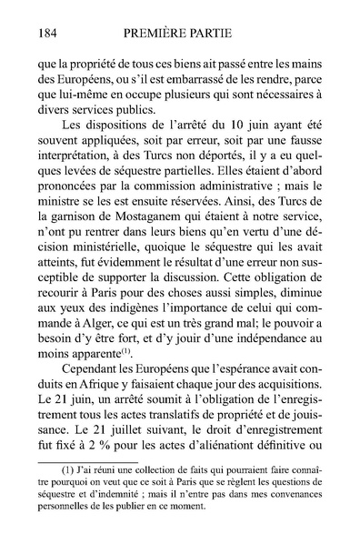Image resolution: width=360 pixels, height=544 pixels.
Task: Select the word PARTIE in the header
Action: coord(229,34)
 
